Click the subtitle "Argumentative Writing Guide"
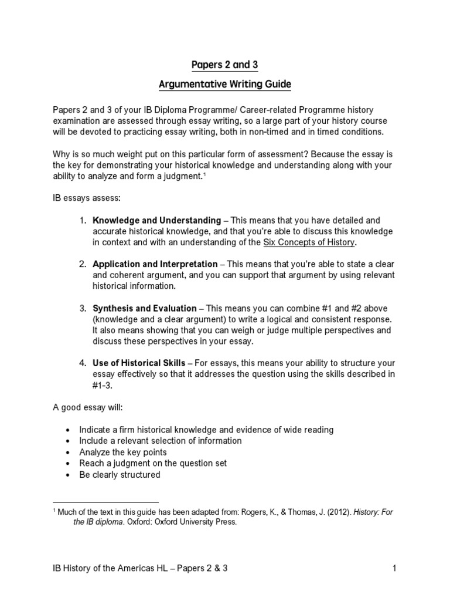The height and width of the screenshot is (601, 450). coord(225,85)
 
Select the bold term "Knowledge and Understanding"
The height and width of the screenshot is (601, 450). coord(156,221)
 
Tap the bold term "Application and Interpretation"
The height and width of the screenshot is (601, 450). coord(155,265)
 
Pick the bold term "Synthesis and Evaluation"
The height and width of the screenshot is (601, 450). coord(145,309)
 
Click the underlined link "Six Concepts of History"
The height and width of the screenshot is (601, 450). coord(308,242)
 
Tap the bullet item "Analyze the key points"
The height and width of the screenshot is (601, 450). coord(123,452)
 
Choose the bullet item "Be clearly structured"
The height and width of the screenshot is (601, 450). coord(120,474)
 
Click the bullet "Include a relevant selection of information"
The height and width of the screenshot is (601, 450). coord(160,441)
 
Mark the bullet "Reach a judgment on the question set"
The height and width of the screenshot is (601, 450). coord(153,463)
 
